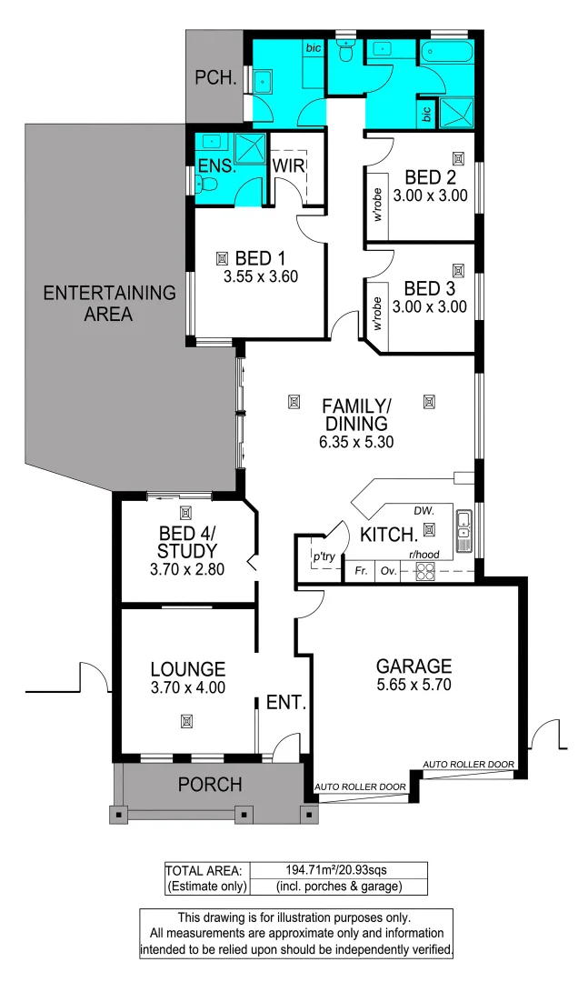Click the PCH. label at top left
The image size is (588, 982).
point(215,78)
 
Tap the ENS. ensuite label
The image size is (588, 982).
point(215,166)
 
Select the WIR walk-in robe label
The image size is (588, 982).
point(288,166)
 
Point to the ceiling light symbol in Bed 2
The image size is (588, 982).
point(458,158)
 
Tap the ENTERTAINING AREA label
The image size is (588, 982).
point(109,304)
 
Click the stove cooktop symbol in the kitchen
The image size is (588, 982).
point(424,572)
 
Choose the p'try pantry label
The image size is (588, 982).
point(324,555)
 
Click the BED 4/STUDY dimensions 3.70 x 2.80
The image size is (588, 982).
point(186,570)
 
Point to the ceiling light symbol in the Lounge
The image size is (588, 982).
point(186,721)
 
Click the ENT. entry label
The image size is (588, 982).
point(285,702)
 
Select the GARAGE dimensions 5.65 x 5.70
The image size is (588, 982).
point(414,685)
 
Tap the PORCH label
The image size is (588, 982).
point(210,784)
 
